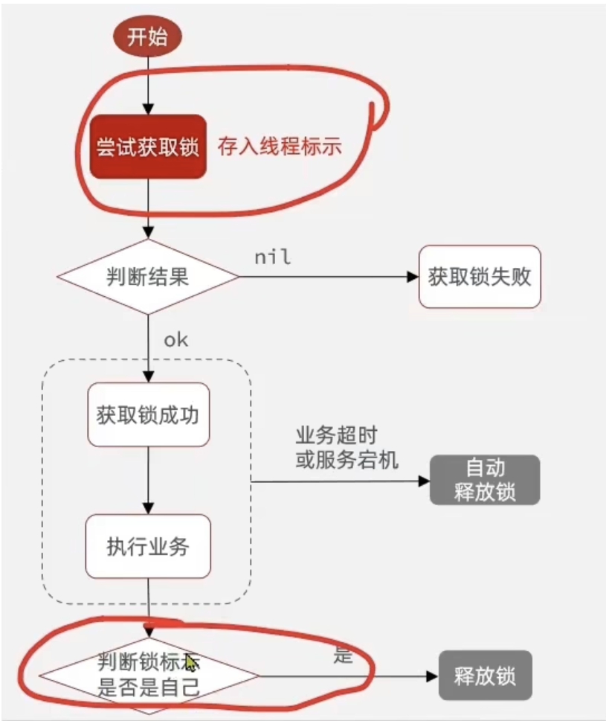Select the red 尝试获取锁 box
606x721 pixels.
pyautogui.click(x=148, y=147)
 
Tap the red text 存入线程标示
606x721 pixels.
pyautogui.click(x=280, y=147)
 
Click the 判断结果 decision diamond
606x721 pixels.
pyautogui.click(x=148, y=277)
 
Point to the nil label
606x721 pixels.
pyautogui.click(x=272, y=257)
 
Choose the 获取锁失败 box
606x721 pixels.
pyautogui.click(x=480, y=277)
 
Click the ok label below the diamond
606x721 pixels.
pyautogui.click(x=176, y=340)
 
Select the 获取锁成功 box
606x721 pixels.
pyautogui.click(x=148, y=414)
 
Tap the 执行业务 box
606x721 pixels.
pyautogui.click(x=148, y=546)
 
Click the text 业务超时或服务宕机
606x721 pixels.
pyautogui.click(x=346, y=448)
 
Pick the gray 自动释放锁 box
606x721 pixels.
pyautogui.click(x=485, y=480)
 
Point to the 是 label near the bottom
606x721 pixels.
pyautogui.click(x=343, y=656)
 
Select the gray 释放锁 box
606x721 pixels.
pyautogui.click(x=485, y=676)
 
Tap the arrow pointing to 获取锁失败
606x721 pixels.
pyautogui.click(x=327, y=277)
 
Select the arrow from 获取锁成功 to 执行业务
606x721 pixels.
pyautogui.click(x=149, y=480)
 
